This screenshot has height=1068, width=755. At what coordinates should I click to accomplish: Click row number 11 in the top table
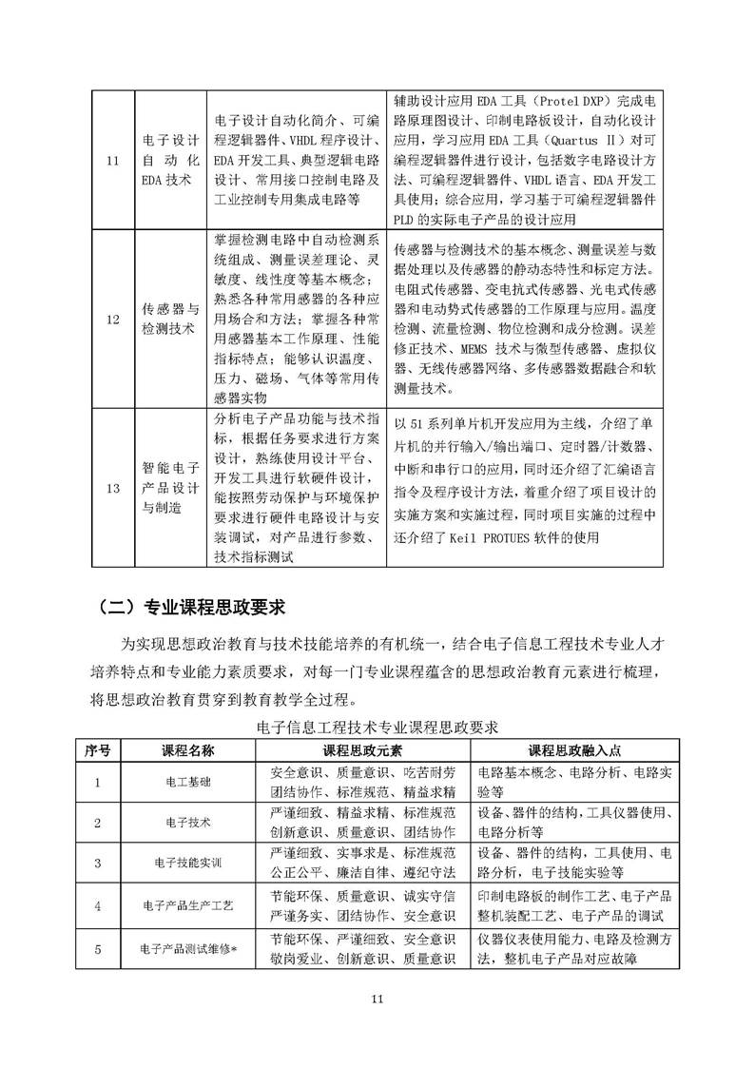113,159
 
